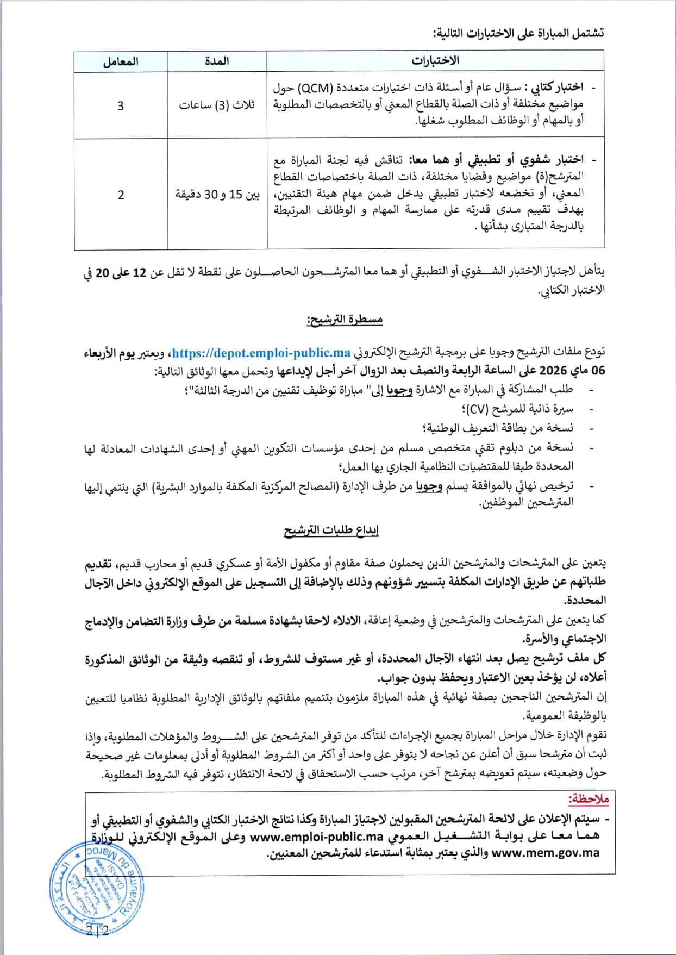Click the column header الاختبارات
(x=435, y=61)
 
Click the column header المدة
(x=217, y=61)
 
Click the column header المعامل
(x=121, y=61)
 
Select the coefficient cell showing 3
(x=121, y=105)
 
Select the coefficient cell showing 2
(x=121, y=195)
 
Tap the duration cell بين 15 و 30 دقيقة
(x=217, y=195)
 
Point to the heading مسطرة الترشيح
(x=345, y=320)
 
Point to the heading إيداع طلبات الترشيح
(x=331, y=530)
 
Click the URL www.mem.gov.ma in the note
(x=545, y=853)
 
